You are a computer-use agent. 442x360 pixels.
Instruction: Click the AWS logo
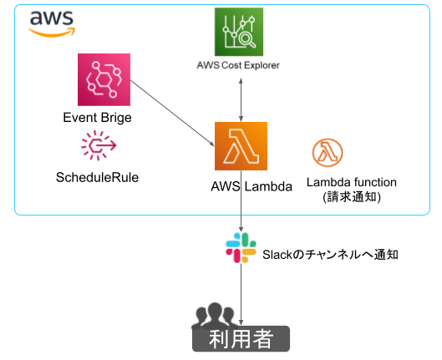[x=52, y=24]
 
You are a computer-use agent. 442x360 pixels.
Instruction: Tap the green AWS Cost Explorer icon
[x=239, y=32]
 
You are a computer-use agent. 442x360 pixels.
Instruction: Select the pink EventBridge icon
[x=104, y=79]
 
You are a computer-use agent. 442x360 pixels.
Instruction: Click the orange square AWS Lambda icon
[x=241, y=146]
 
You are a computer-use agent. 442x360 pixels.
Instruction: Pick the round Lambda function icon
[x=328, y=153]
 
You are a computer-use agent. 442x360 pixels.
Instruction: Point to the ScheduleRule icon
[x=99, y=145]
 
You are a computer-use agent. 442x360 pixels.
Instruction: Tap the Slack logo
[x=241, y=247]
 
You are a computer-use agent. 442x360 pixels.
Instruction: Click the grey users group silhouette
[x=214, y=316]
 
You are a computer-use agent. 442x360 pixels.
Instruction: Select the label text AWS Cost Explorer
[x=238, y=65]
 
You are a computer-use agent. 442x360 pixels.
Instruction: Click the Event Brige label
[x=97, y=118]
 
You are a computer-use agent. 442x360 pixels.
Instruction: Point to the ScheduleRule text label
[x=97, y=177]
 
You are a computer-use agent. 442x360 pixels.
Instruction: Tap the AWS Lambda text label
[x=251, y=186]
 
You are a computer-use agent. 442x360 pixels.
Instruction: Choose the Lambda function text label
[x=352, y=182]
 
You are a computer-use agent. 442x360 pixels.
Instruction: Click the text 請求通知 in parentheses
[x=352, y=197]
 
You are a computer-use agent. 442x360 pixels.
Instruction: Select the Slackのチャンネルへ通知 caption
[x=330, y=255]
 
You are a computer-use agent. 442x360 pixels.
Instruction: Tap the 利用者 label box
[x=241, y=339]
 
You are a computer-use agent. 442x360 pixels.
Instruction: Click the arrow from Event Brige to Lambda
[x=172, y=114]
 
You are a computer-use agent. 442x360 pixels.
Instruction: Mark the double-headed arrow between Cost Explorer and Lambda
[x=241, y=100]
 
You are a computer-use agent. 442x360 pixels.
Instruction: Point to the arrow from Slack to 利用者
[x=241, y=294]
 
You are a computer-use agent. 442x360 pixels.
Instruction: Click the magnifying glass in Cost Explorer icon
[x=247, y=39]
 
